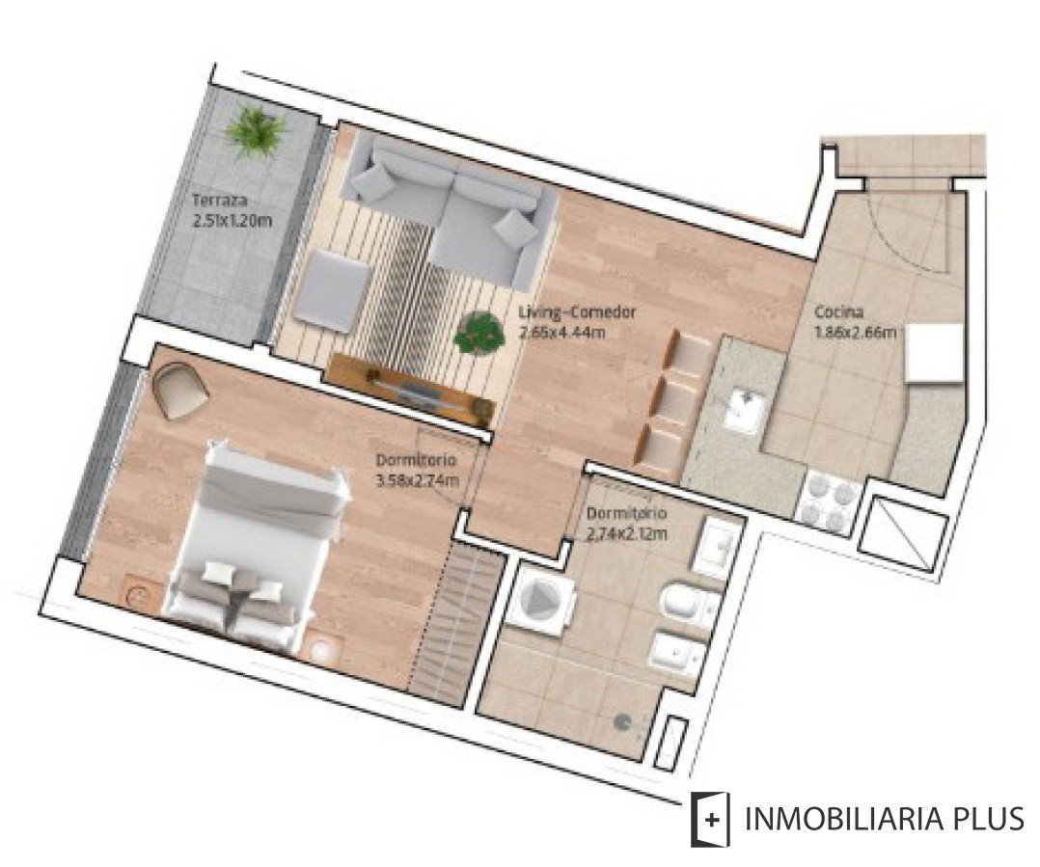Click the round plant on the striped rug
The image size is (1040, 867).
tap(479, 333)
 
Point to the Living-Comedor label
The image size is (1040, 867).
tap(575, 313)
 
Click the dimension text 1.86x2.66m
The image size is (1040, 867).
tap(854, 334)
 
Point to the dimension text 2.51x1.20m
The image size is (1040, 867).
tap(233, 219)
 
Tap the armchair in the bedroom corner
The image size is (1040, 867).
tap(180, 388)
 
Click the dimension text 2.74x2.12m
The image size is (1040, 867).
tap(626, 532)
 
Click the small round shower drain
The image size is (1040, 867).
tap(624, 718)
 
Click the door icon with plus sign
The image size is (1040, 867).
tap(709, 820)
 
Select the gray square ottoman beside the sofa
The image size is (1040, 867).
tap(332, 290)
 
